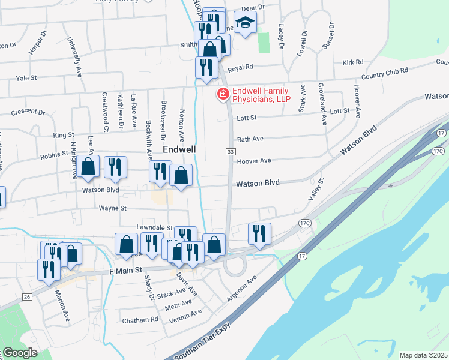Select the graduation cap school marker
coord(244,23)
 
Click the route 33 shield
coord(230,153)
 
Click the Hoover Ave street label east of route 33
coord(254,161)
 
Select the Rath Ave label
coord(250,139)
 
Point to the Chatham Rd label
coord(140,320)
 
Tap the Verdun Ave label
coord(186,314)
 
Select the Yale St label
coord(26,78)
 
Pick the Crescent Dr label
coord(28,112)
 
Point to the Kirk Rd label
coord(353,62)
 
